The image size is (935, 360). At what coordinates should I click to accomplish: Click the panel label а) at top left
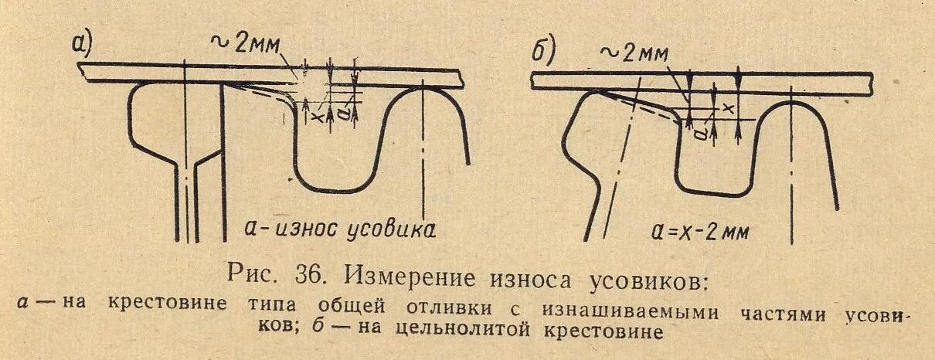click(x=82, y=46)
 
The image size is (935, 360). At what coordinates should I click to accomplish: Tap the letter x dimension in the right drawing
click(x=726, y=109)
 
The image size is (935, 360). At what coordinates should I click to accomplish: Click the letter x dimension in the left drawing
click(x=314, y=115)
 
